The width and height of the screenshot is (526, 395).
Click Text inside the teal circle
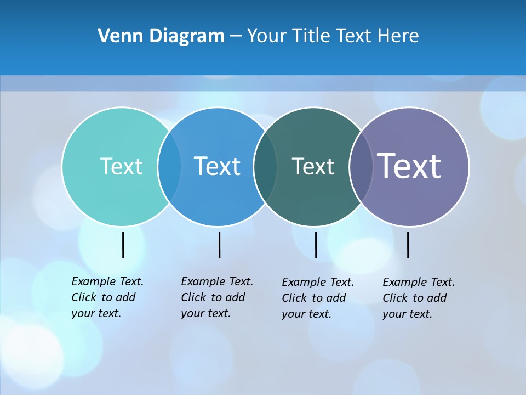[121, 166]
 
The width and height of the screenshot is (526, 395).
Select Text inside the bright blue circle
[218, 166]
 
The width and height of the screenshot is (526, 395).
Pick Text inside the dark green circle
[313, 166]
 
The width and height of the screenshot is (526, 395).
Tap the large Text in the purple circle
[409, 166]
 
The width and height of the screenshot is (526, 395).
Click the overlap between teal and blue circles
[169, 166]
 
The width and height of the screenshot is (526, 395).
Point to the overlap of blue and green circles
[265, 166]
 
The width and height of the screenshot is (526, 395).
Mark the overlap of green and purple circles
[360, 166]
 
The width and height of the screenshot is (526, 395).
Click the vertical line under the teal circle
[123, 245]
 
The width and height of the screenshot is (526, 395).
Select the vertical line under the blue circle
[219, 245]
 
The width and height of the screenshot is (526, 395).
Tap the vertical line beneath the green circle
[316, 245]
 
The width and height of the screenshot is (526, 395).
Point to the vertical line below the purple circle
[408, 245]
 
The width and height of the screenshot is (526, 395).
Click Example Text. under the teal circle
[107, 281]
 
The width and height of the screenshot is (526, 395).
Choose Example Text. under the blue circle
[217, 281]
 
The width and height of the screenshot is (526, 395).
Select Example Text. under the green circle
[318, 282]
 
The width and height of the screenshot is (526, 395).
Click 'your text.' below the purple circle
[407, 314]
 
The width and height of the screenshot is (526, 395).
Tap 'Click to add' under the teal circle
[104, 297]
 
